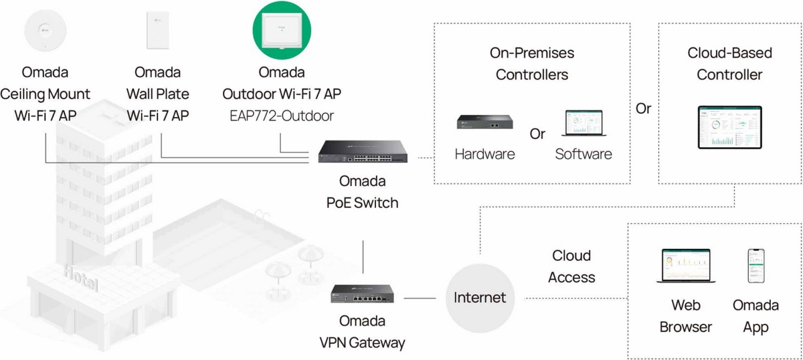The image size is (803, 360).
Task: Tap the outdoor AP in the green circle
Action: [281, 31]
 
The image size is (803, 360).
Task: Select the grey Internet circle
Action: [479, 297]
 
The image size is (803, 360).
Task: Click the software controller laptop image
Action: [584, 123]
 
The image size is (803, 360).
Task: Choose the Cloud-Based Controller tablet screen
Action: [729, 127]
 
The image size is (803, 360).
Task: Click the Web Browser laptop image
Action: [685, 266]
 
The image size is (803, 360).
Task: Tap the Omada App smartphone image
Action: [755, 266]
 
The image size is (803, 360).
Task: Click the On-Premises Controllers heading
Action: [531, 64]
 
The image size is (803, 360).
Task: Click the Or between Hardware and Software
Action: [537, 134]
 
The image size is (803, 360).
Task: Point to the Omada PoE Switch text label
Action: [362, 191]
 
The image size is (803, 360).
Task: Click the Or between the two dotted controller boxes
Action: [643, 108]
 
